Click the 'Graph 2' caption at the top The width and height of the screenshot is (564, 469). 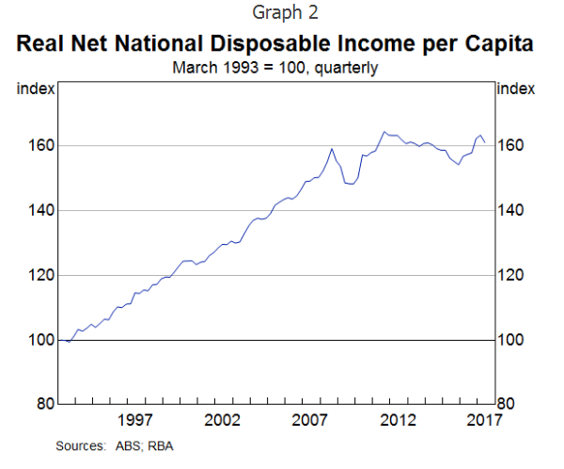[x=281, y=13]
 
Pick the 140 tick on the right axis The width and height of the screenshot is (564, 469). [x=511, y=211]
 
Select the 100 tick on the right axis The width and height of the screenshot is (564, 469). [x=511, y=340]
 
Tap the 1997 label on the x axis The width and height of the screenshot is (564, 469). [x=135, y=420]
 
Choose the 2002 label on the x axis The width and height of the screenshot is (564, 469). [x=224, y=420]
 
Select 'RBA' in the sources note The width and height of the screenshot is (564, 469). [x=157, y=445]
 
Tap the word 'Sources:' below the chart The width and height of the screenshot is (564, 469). [x=79, y=445]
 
